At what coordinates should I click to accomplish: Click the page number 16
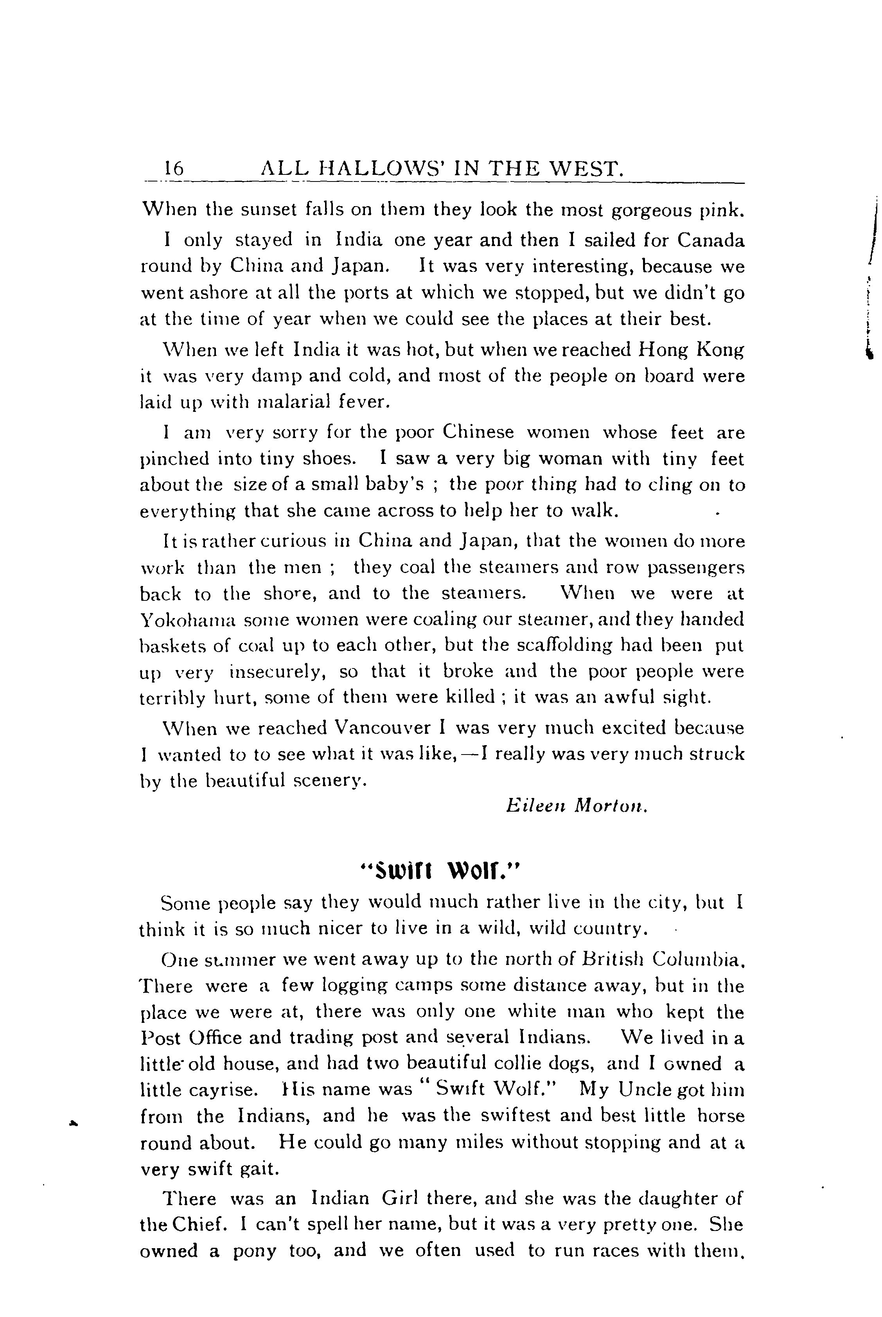point(173,168)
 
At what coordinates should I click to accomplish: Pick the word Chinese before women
point(478,432)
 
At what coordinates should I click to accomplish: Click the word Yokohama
point(186,620)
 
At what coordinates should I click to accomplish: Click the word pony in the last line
point(254,1251)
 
